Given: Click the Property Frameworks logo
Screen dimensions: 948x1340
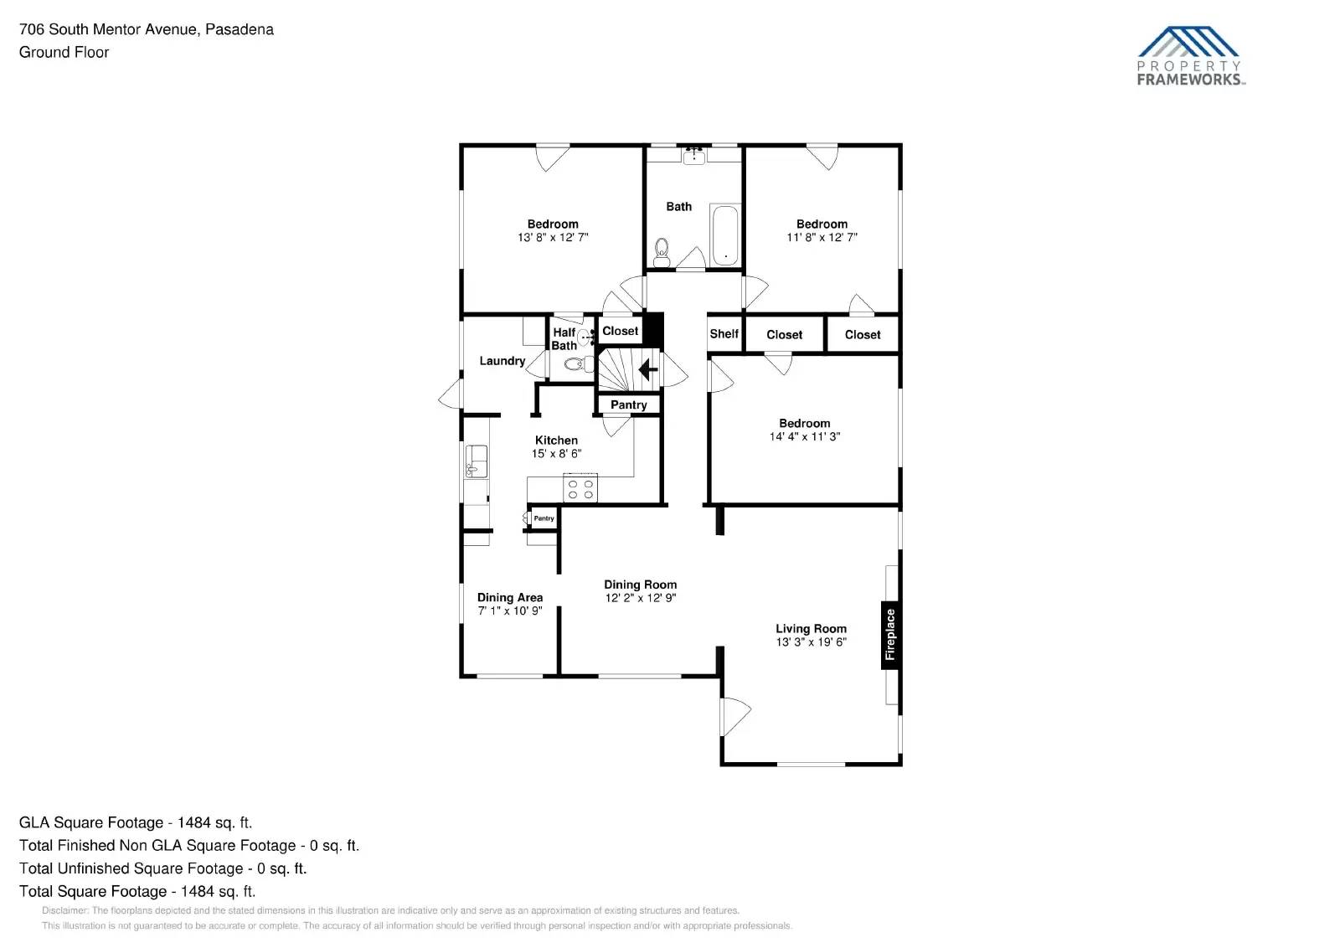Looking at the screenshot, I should (1190, 56).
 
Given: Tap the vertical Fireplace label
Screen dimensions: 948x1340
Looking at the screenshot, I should (890, 635).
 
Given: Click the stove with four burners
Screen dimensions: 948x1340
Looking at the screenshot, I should (580, 489).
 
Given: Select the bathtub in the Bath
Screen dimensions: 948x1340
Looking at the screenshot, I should (724, 234).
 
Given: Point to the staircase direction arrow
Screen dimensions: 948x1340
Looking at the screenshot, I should (648, 368).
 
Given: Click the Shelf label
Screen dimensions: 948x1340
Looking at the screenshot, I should (724, 334).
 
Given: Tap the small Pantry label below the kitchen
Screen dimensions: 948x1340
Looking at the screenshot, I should (544, 518).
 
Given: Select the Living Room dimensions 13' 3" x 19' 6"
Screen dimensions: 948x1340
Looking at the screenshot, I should (811, 642).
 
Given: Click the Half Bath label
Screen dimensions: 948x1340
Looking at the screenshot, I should (564, 339).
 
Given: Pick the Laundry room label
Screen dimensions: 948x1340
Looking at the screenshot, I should (502, 361).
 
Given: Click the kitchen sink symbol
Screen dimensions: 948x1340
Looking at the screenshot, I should (476, 461).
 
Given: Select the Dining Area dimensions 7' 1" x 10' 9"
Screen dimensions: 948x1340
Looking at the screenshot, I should (509, 611).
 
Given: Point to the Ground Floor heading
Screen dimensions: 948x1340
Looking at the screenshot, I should (64, 52).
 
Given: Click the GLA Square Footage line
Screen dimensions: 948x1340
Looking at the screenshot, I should (135, 822).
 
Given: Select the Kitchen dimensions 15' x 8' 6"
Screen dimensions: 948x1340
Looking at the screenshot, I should (556, 454).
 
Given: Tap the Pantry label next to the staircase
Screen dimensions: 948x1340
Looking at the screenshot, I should (628, 405).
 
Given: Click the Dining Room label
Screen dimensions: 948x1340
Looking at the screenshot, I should (640, 585).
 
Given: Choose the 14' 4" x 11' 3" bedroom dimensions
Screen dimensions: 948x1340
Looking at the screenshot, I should (804, 437).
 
